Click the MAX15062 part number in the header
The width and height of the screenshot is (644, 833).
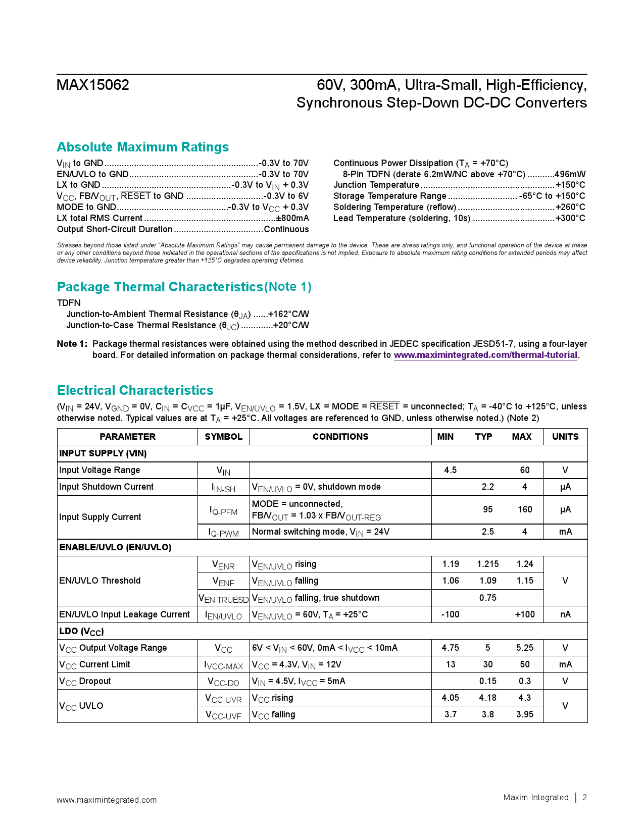[93, 85]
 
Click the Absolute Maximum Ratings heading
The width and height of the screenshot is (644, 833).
[143, 147]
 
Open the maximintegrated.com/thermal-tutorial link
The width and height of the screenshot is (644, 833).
[485, 355]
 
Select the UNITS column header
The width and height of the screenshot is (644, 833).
[565, 437]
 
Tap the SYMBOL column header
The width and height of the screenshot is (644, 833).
[223, 437]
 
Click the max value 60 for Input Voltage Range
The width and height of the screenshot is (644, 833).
[525, 470]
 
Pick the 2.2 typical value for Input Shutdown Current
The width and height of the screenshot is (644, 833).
[487, 487]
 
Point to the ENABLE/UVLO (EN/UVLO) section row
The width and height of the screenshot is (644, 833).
[115, 547]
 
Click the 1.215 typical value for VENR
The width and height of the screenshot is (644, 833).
[487, 564]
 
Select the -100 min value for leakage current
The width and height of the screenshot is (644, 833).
[450, 614]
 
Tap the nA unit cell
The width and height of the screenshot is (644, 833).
[565, 614]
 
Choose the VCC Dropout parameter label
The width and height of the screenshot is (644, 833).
[85, 681]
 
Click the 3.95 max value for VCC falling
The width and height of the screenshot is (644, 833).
[525, 714]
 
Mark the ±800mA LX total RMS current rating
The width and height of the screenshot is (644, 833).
[292, 218]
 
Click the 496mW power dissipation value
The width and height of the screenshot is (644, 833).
[570, 174]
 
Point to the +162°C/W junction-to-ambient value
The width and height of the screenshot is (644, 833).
[288, 314]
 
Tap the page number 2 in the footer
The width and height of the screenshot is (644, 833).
[584, 797]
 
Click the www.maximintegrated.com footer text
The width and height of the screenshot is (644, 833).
[107, 800]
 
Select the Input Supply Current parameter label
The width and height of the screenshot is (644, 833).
[100, 517]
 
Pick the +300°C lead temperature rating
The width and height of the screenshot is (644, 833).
[570, 218]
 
